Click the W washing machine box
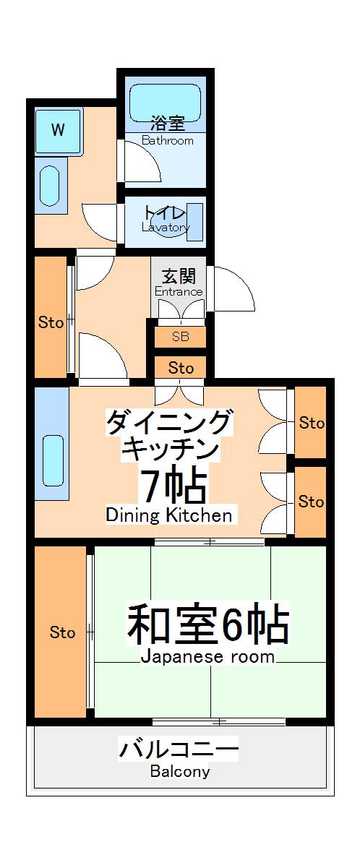point(57,130)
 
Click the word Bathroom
point(168,141)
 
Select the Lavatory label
point(166,228)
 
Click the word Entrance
point(179,292)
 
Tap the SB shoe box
point(180,336)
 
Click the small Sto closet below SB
point(181,368)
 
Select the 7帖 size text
point(173,486)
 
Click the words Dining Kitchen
point(169,515)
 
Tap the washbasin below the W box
point(49,186)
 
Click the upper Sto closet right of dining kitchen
point(312,423)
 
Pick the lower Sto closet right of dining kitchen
point(312,501)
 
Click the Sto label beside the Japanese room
point(62,632)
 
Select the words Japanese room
point(207,657)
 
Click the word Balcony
point(180,771)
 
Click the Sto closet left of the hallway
point(51,322)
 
